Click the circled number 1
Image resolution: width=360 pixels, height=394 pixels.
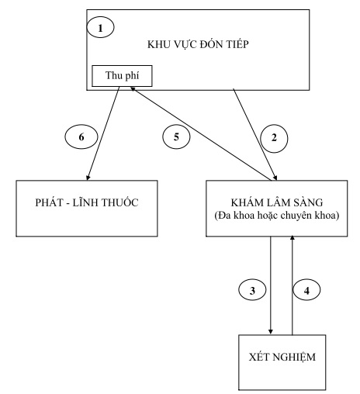point(100,28)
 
